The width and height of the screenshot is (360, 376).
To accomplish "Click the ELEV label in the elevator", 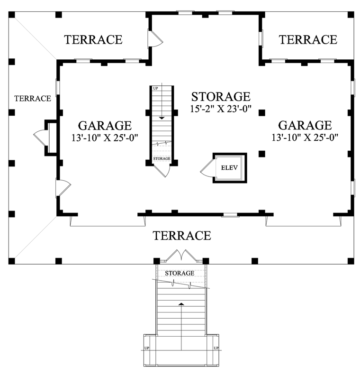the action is (229, 168).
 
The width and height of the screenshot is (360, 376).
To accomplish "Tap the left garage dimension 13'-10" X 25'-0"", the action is (105, 138).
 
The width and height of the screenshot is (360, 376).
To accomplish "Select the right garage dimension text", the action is (305, 138).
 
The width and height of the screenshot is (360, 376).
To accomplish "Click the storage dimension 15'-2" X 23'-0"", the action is (221, 109).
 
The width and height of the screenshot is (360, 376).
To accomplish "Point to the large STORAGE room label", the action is (221, 97).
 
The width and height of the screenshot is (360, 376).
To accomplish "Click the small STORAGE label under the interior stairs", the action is (162, 159).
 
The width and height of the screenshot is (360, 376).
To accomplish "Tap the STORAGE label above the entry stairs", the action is (180, 273).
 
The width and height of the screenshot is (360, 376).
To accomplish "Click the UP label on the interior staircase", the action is (155, 89).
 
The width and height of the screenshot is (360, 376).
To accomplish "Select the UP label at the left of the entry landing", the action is (147, 348).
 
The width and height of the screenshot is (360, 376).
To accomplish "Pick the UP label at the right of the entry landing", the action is (216, 348).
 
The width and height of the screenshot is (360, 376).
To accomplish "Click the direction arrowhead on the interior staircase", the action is (162, 118).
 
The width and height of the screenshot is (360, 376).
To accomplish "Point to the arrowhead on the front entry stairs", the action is (181, 304).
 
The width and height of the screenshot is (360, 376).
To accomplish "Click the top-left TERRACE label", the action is (93, 39).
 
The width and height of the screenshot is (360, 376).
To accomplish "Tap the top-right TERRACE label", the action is (308, 39).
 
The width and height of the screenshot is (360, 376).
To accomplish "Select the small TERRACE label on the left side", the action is (33, 98).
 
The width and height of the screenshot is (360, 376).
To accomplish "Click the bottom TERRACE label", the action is (182, 236).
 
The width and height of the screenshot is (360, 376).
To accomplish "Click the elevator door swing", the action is (207, 168).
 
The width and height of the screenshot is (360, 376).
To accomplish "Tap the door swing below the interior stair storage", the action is (162, 171).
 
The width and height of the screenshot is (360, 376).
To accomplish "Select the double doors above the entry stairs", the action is (182, 256).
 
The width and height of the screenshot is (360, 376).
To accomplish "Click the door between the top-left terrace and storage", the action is (156, 38).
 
